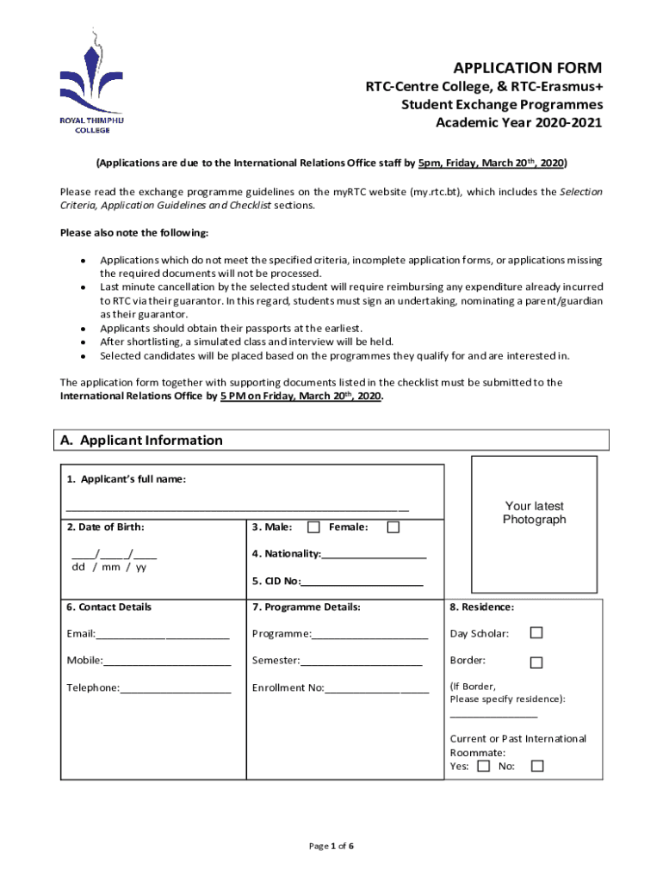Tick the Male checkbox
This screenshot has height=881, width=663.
coord(313,527)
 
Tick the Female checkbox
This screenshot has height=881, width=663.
coord(393,527)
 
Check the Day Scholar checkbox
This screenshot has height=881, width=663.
coord(536,633)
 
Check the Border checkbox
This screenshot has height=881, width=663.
coord(536,662)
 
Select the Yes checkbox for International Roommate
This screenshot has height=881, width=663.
coord(484,766)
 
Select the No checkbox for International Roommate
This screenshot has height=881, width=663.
coord(537,766)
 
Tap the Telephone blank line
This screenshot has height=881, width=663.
coord(176,692)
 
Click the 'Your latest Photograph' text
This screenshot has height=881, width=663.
coord(535,513)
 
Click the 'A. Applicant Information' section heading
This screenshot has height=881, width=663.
coord(141,440)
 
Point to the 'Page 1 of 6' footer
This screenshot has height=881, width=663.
coord(331,847)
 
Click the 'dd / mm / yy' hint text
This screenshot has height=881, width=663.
coord(108,567)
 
